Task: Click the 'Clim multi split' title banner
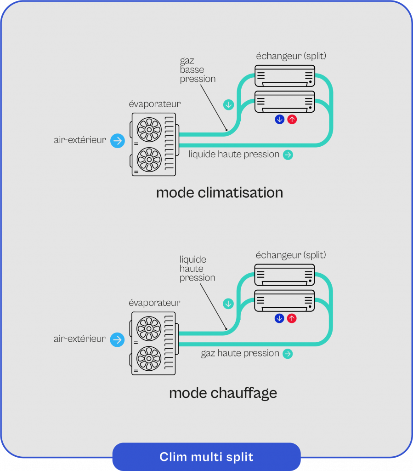206,457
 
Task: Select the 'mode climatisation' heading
219,192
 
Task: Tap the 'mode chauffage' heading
223,393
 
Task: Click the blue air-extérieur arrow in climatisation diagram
118,140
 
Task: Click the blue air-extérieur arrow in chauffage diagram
118,340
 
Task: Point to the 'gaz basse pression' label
198,70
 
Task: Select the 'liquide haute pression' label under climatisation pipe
234,155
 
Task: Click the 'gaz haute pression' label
240,353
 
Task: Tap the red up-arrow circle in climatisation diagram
292,120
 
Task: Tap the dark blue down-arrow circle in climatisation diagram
279,120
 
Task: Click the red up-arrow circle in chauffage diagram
292,318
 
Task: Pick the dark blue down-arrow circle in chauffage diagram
279,318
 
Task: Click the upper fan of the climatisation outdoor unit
149,129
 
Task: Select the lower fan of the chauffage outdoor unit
149,358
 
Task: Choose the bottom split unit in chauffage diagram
285,301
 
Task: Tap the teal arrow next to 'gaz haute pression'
288,354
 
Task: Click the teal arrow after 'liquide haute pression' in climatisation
288,155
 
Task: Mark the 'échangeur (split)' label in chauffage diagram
291,255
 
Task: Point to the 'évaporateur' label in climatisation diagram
155,104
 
